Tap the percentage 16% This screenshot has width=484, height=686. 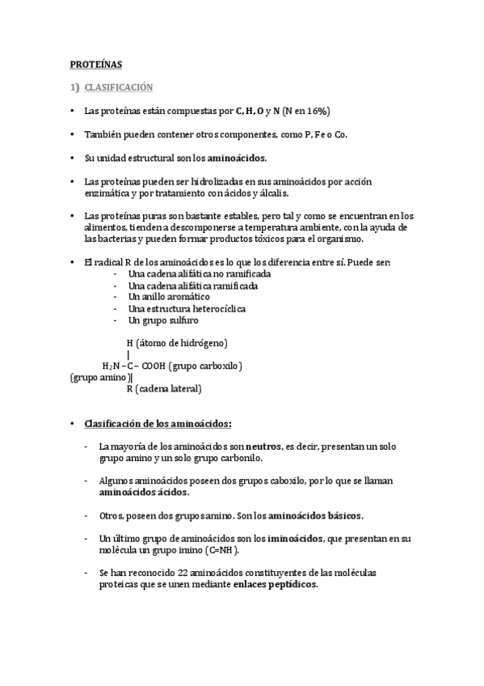point(318,111)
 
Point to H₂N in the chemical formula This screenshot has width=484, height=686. point(111,366)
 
